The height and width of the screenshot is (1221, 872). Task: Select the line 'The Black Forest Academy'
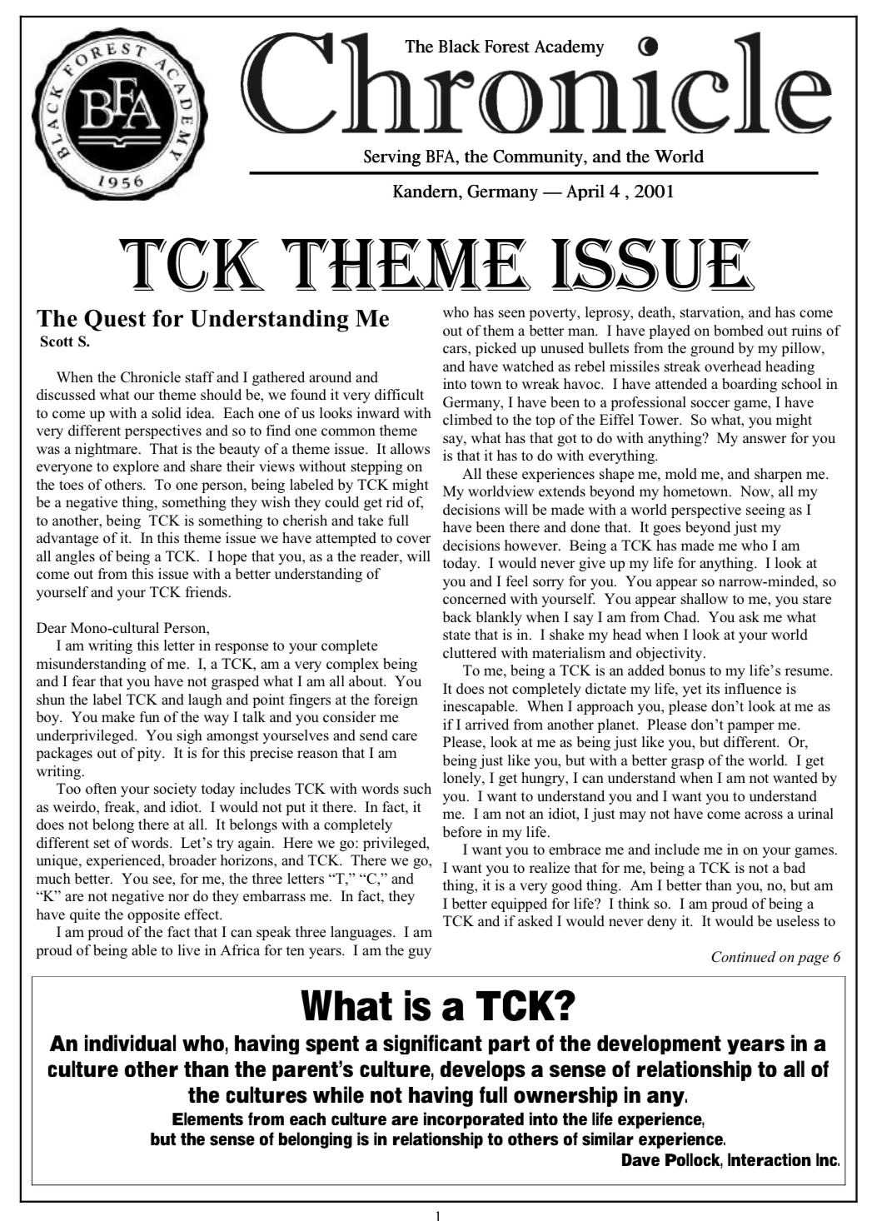click(504, 47)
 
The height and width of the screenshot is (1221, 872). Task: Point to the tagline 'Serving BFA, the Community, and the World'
click(533, 157)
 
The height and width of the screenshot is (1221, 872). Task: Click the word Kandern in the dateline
click(426, 192)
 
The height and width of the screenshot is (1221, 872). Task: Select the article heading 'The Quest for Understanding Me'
click(213, 320)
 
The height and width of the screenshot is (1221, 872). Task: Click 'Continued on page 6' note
click(775, 956)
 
